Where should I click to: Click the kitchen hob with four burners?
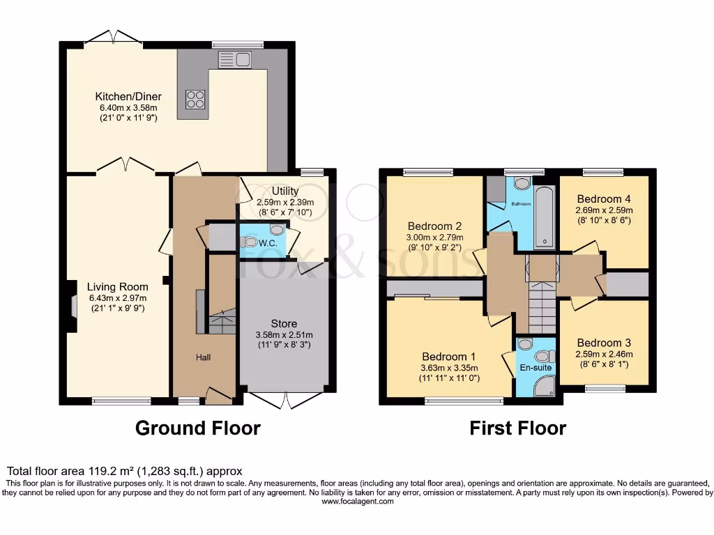(195, 100)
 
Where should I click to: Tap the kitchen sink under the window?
(234, 60)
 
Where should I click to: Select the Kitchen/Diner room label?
(128, 96)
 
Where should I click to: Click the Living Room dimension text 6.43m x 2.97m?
(118, 298)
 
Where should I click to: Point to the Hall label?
(203, 357)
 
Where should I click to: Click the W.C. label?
(268, 243)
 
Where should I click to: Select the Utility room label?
(285, 191)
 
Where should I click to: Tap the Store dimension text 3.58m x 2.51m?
(284, 335)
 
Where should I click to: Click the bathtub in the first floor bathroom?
(544, 217)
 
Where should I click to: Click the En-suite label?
(536, 368)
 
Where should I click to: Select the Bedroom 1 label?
(449, 357)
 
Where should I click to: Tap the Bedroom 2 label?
(435, 226)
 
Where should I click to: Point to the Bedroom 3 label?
(604, 343)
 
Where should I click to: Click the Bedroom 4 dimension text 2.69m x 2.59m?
(604, 210)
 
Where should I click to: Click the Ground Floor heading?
(198, 428)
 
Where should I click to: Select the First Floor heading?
(518, 428)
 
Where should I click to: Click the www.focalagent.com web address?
(358, 502)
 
